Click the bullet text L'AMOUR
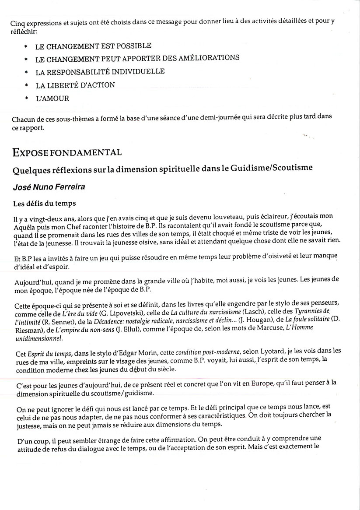(52, 98)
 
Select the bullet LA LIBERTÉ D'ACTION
(75, 85)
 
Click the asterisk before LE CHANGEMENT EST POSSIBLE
(26, 46)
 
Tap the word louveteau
(202, 216)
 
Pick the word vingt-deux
(42, 216)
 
